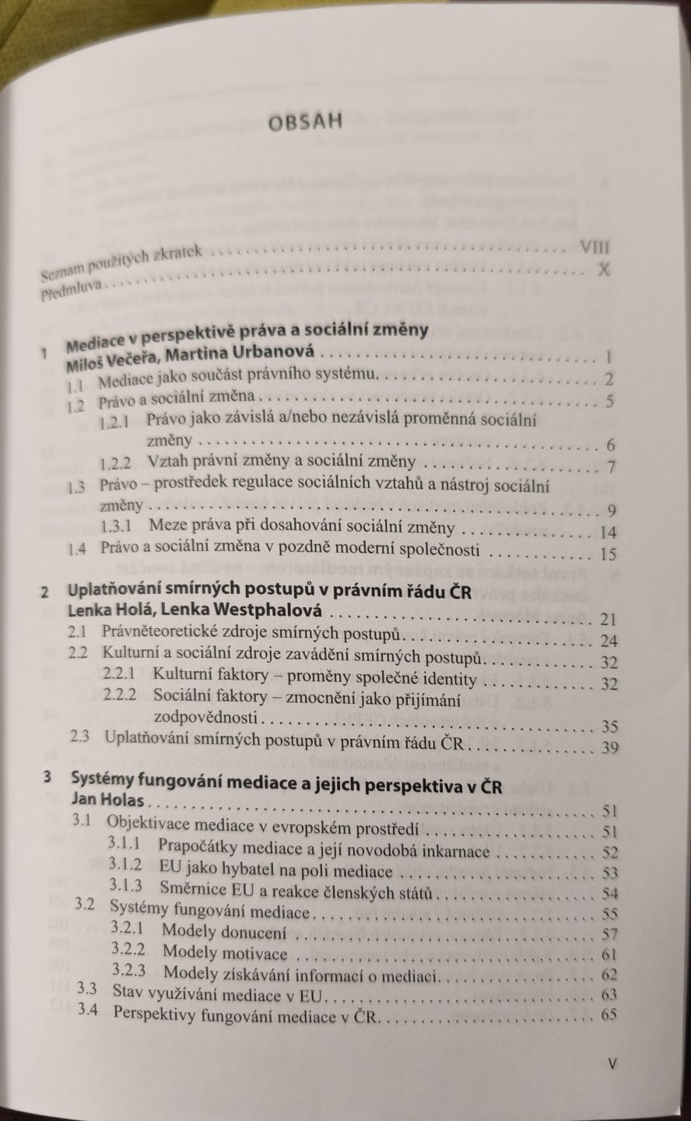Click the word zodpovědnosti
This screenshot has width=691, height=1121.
pos(206,716)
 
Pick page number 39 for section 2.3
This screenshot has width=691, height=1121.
pos(605,747)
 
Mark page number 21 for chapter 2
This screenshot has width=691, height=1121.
pos(606,620)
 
